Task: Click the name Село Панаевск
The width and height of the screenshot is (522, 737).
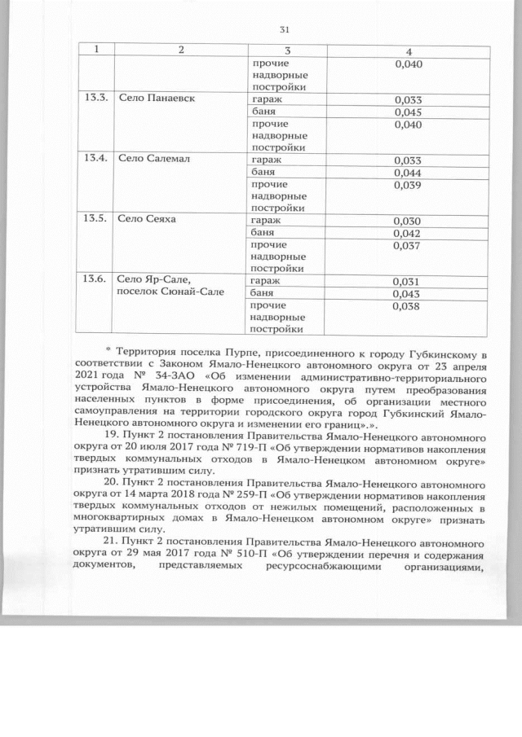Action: pyautogui.click(x=155, y=99)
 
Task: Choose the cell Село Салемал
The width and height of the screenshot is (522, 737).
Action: pyautogui.click(x=153, y=160)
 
